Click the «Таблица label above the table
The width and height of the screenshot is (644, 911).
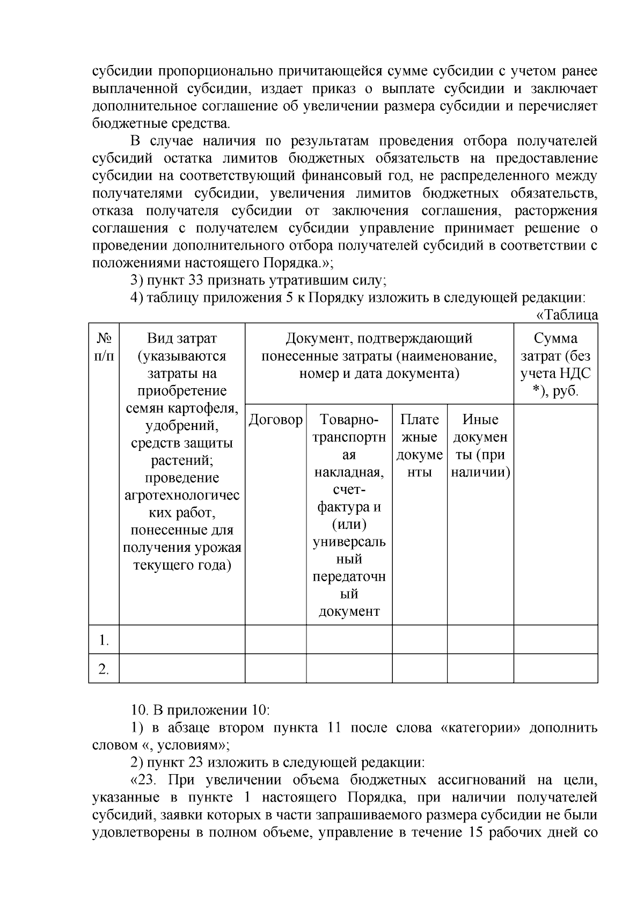coord(567,315)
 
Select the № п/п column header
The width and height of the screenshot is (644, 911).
coord(104,347)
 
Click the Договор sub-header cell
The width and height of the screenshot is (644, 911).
coord(275,420)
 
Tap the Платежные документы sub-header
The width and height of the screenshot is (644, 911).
coord(419,446)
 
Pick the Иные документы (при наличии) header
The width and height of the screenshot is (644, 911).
coord(480,446)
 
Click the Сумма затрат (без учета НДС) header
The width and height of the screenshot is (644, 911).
coord(555,364)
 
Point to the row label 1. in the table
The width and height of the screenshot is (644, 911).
coord(104,640)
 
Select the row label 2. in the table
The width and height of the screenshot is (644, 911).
coord(104,669)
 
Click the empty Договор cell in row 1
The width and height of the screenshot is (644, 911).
coord(275,640)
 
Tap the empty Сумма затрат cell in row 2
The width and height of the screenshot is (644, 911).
coord(555,669)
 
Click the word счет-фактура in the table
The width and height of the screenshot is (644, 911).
coord(349,498)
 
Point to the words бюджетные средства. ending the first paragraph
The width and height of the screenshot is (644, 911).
coord(161,124)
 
